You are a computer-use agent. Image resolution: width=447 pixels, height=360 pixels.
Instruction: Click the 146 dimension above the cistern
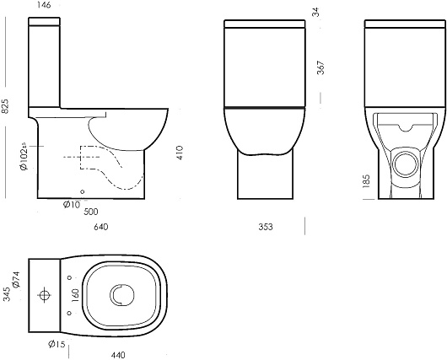coord(44,5)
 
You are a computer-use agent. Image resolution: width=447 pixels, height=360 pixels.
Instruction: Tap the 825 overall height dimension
coord(5,106)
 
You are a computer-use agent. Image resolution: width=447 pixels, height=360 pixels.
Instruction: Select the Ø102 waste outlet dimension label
coord(24,156)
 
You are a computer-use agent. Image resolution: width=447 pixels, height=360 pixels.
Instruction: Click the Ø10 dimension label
coord(72,204)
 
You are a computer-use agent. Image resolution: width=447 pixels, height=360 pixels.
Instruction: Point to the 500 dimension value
coord(91,212)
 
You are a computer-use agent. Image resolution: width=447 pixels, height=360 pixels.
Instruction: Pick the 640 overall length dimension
coord(101,227)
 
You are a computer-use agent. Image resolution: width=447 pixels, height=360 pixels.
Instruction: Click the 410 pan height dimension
coord(180,153)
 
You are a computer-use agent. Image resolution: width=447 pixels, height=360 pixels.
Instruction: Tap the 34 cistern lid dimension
coord(316,13)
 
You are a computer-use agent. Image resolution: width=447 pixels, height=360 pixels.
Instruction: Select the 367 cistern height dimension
coord(321,67)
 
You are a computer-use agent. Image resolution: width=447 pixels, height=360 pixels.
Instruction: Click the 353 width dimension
coord(266,227)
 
